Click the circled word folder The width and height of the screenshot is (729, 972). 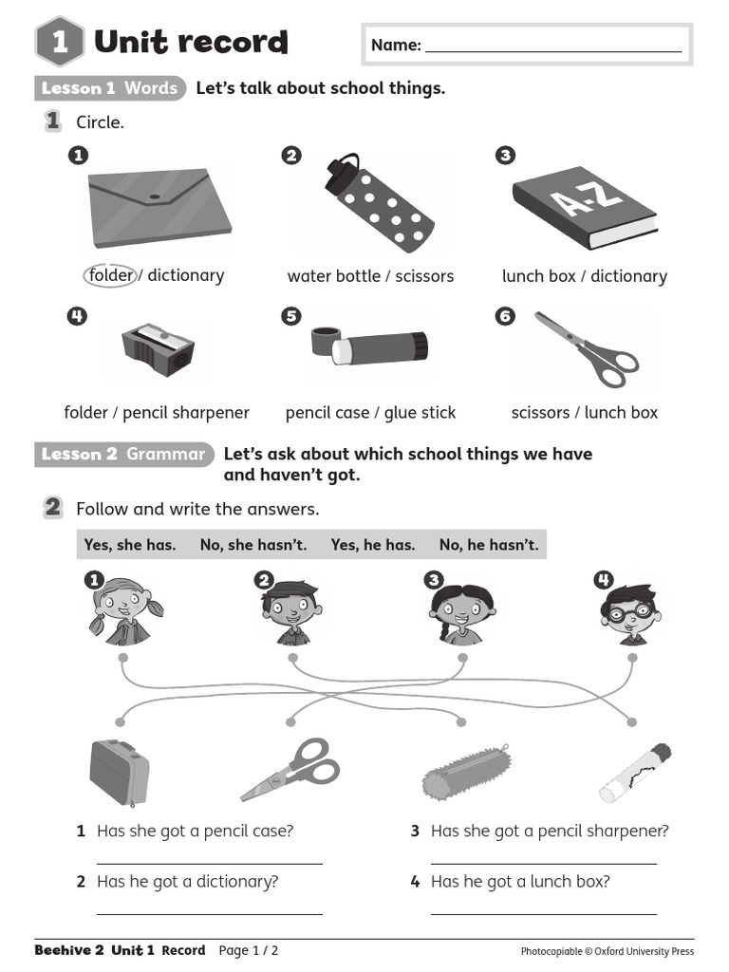pos(110,275)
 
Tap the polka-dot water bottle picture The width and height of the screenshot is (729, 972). pos(380,203)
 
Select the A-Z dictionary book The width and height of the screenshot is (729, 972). pos(584,208)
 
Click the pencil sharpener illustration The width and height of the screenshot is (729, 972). pos(159,349)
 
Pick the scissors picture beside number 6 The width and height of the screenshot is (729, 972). pos(587,349)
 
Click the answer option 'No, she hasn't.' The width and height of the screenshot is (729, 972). pos(252,545)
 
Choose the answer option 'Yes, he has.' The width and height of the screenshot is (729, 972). pos(372,545)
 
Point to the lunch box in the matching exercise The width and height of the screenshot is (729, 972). pos(119,773)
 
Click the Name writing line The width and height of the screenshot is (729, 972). pos(553,51)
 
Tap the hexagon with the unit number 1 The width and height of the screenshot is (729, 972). pos(60,42)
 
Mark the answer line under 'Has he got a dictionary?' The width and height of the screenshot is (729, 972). pos(210,914)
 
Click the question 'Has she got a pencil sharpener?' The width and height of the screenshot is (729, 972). pos(550,831)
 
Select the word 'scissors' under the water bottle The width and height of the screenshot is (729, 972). pos(424,276)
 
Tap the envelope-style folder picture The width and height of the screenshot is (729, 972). pos(159,208)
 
